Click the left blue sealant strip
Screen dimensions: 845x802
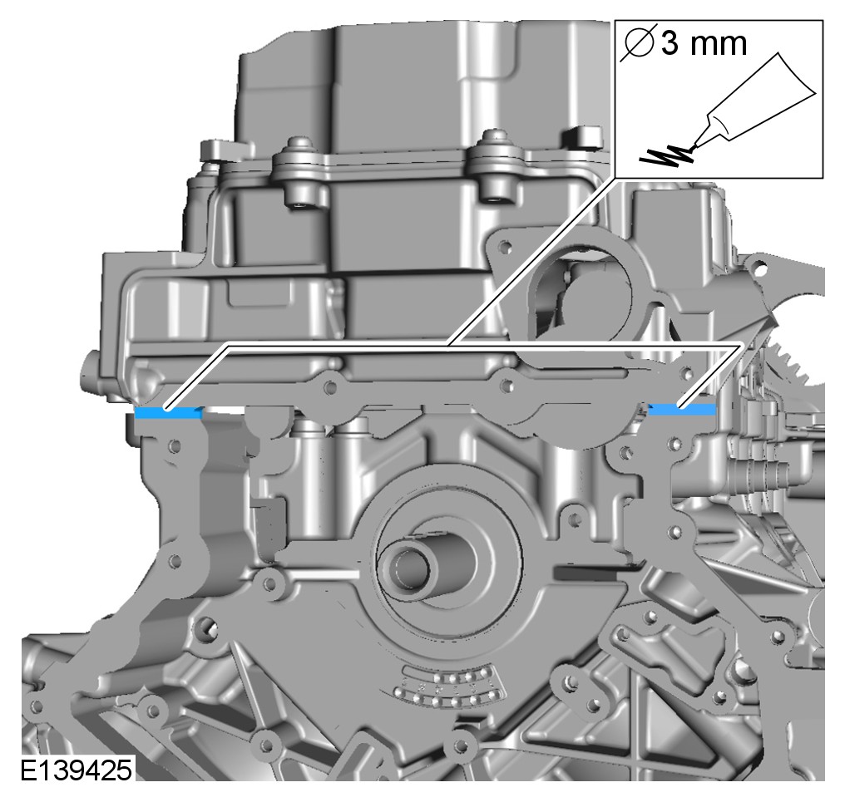coord(168,413)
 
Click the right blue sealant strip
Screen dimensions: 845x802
coord(682,410)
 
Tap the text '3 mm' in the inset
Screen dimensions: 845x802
coord(704,43)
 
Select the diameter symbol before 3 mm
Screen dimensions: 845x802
coord(638,42)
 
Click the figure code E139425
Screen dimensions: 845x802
coord(76,770)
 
